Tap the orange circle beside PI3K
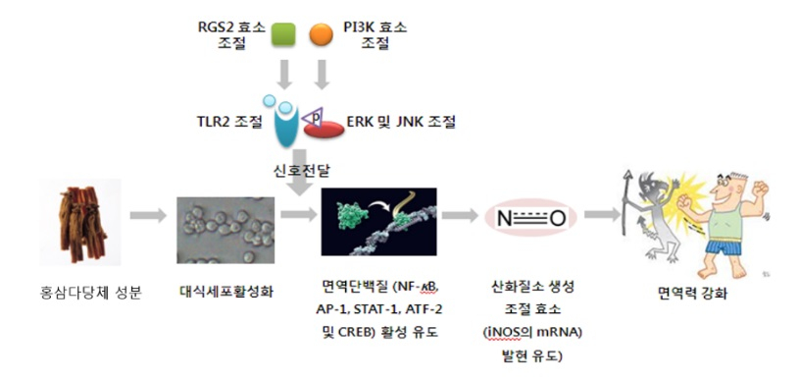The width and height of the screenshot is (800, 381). point(320,35)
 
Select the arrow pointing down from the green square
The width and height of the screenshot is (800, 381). point(282,75)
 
